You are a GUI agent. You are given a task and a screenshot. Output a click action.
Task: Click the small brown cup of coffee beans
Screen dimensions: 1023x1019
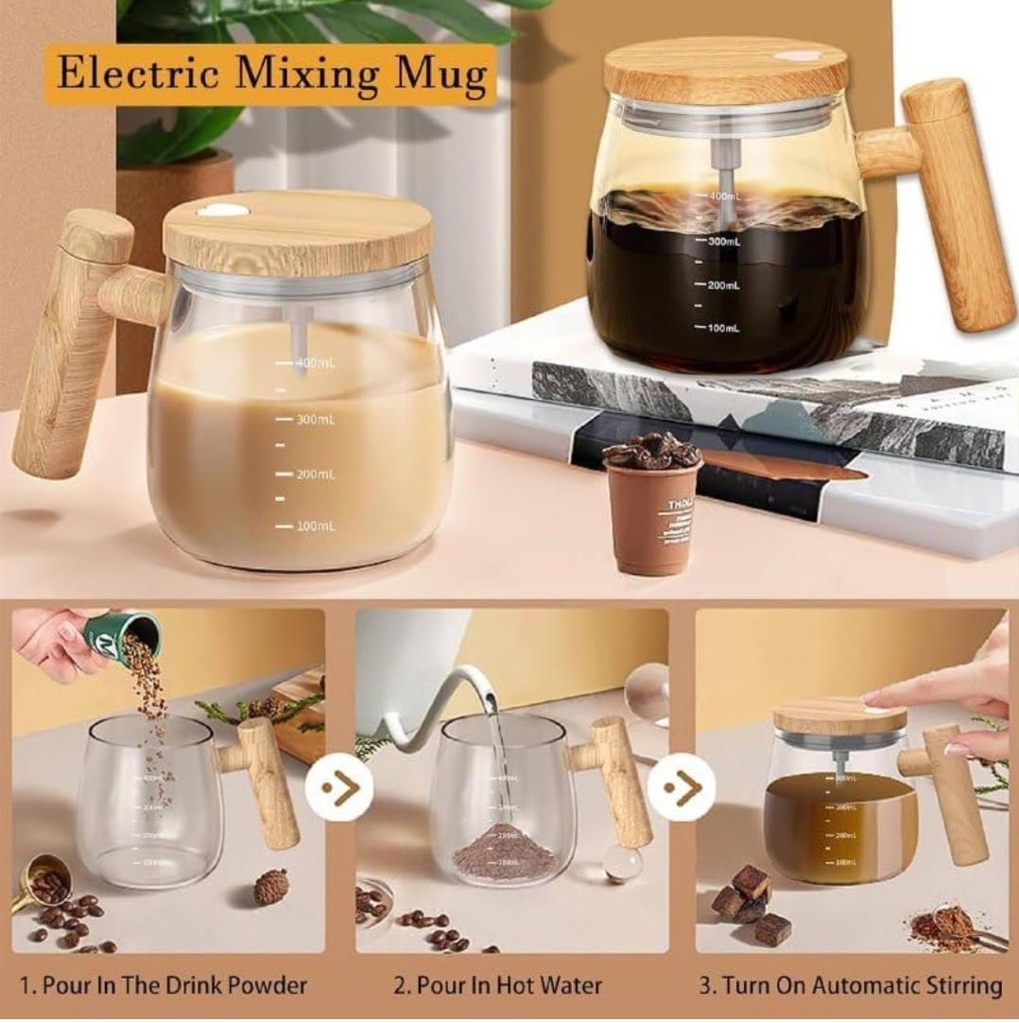pyautogui.click(x=651, y=506)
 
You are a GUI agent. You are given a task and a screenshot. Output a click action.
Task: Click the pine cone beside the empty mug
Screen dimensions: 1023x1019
pyautogui.click(x=271, y=886)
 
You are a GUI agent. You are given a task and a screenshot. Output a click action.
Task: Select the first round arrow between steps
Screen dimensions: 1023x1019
pyautogui.click(x=338, y=787)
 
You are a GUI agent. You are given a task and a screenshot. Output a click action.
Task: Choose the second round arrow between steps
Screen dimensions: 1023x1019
pyautogui.click(x=681, y=787)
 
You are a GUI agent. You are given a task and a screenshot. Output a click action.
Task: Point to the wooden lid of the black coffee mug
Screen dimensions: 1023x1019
pyautogui.click(x=726, y=70)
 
